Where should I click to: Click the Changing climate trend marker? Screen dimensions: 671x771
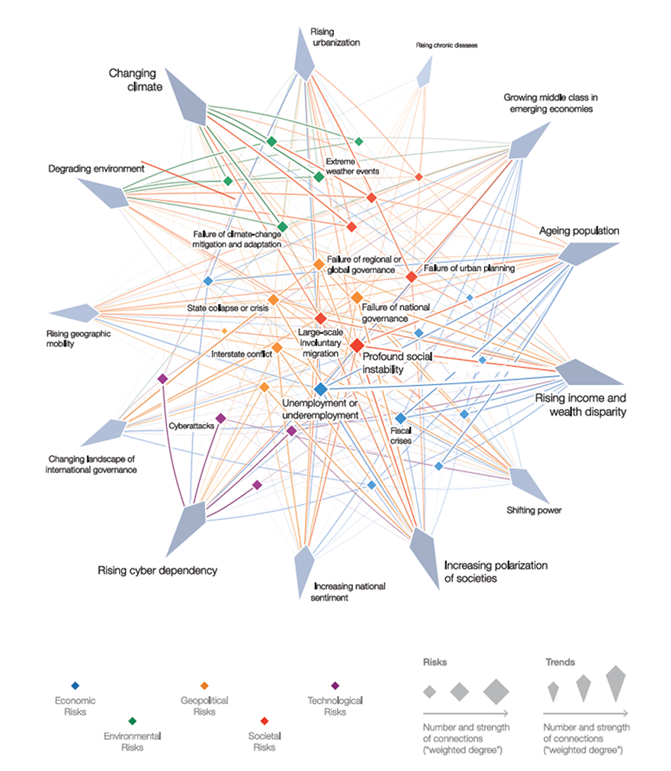click(189, 99)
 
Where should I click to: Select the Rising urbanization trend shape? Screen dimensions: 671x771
click(303, 56)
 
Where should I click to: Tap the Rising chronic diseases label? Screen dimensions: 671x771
click(446, 45)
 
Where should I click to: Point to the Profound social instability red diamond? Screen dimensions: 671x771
click(357, 345)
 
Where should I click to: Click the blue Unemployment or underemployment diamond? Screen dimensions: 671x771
click(320, 390)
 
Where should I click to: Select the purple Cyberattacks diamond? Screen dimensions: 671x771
click(221, 419)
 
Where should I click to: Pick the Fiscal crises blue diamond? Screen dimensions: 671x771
click(400, 419)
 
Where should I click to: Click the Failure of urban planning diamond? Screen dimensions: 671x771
click(412, 277)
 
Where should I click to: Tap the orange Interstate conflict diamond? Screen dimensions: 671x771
click(278, 348)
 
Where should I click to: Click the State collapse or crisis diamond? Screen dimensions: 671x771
click(273, 300)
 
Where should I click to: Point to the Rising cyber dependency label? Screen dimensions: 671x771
click(157, 570)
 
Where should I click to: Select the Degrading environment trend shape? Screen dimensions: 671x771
click(105, 193)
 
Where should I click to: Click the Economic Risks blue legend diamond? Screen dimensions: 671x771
click(75, 686)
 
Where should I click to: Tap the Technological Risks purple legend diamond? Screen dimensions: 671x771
click(335, 686)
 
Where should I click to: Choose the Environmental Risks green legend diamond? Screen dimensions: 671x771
click(132, 721)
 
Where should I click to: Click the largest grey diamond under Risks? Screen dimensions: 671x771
click(496, 692)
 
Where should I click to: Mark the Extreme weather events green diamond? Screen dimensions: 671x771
click(319, 176)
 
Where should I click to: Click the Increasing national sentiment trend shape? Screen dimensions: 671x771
click(303, 570)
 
